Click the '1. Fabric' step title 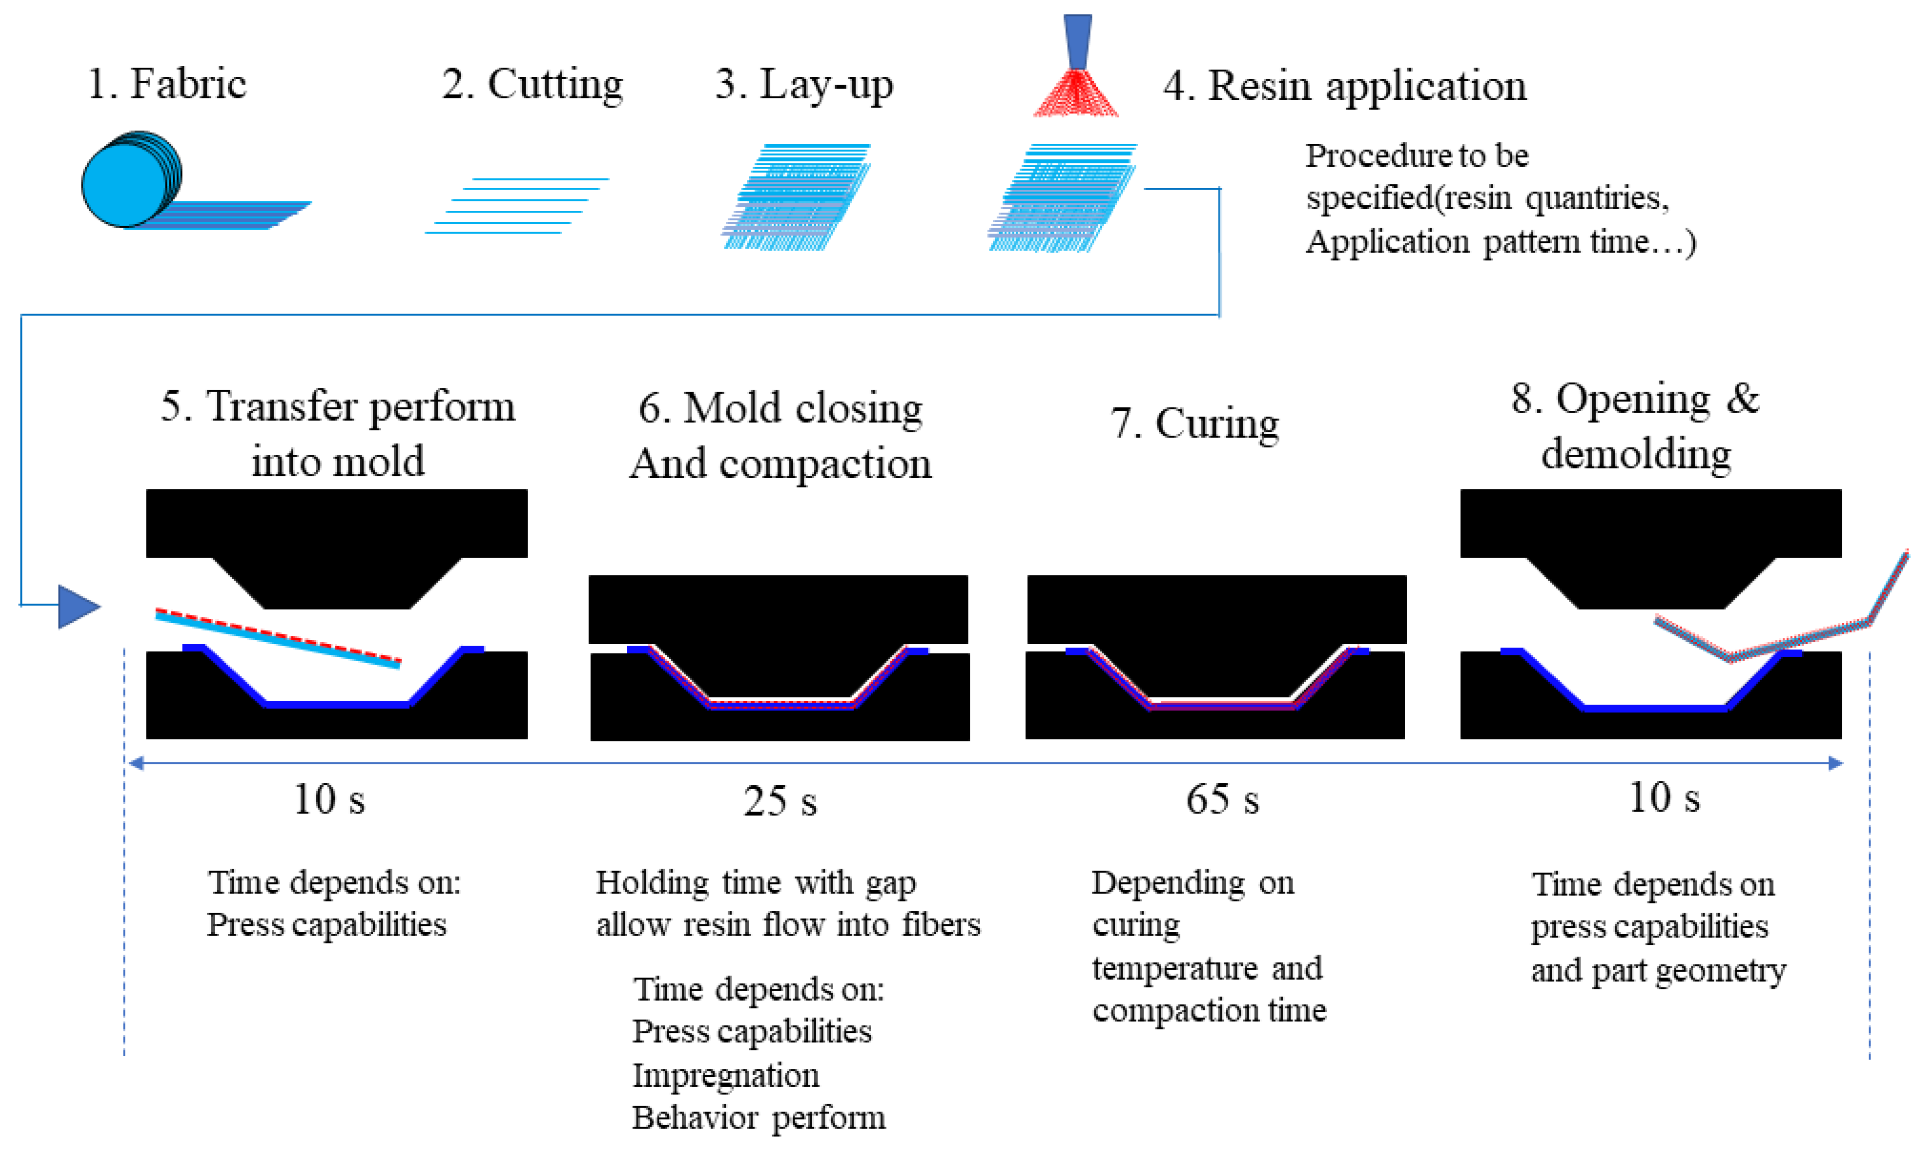[167, 84]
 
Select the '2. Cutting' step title [532, 84]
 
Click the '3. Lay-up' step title [804, 84]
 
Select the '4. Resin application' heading [1344, 85]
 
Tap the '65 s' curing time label [1222, 800]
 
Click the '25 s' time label [779, 801]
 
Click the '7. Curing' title [1194, 424]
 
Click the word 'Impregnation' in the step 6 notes [725, 1075]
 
